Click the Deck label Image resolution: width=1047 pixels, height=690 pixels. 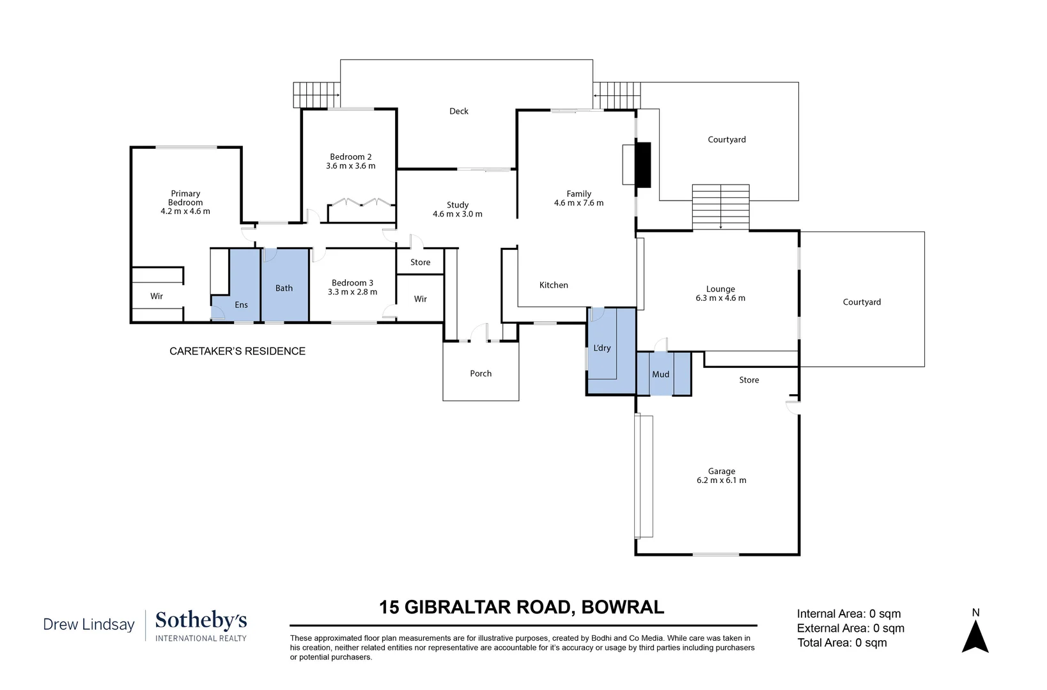point(458,111)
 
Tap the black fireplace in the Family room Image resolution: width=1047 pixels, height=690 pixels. point(644,165)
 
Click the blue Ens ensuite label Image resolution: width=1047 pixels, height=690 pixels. point(241,305)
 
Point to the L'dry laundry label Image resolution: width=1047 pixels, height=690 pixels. point(602,348)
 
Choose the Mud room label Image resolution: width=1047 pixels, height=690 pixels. point(660,374)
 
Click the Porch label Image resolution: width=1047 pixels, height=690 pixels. point(481,373)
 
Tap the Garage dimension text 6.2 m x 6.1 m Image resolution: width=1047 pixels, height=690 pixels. point(721,480)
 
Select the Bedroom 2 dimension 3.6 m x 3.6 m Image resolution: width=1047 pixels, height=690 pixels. point(350,166)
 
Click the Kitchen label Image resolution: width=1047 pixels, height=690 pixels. point(554,285)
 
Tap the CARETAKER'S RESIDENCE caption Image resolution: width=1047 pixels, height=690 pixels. point(237,351)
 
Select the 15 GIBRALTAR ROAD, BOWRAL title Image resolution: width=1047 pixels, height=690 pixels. point(521,608)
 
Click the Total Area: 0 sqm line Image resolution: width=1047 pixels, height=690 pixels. point(842,643)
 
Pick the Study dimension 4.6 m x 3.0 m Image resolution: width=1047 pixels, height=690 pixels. point(457,214)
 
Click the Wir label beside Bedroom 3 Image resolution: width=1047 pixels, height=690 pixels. point(420,299)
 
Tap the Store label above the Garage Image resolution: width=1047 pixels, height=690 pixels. point(748,380)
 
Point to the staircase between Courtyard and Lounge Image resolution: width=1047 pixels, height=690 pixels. point(721,207)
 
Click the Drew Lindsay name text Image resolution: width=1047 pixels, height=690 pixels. point(89,625)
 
